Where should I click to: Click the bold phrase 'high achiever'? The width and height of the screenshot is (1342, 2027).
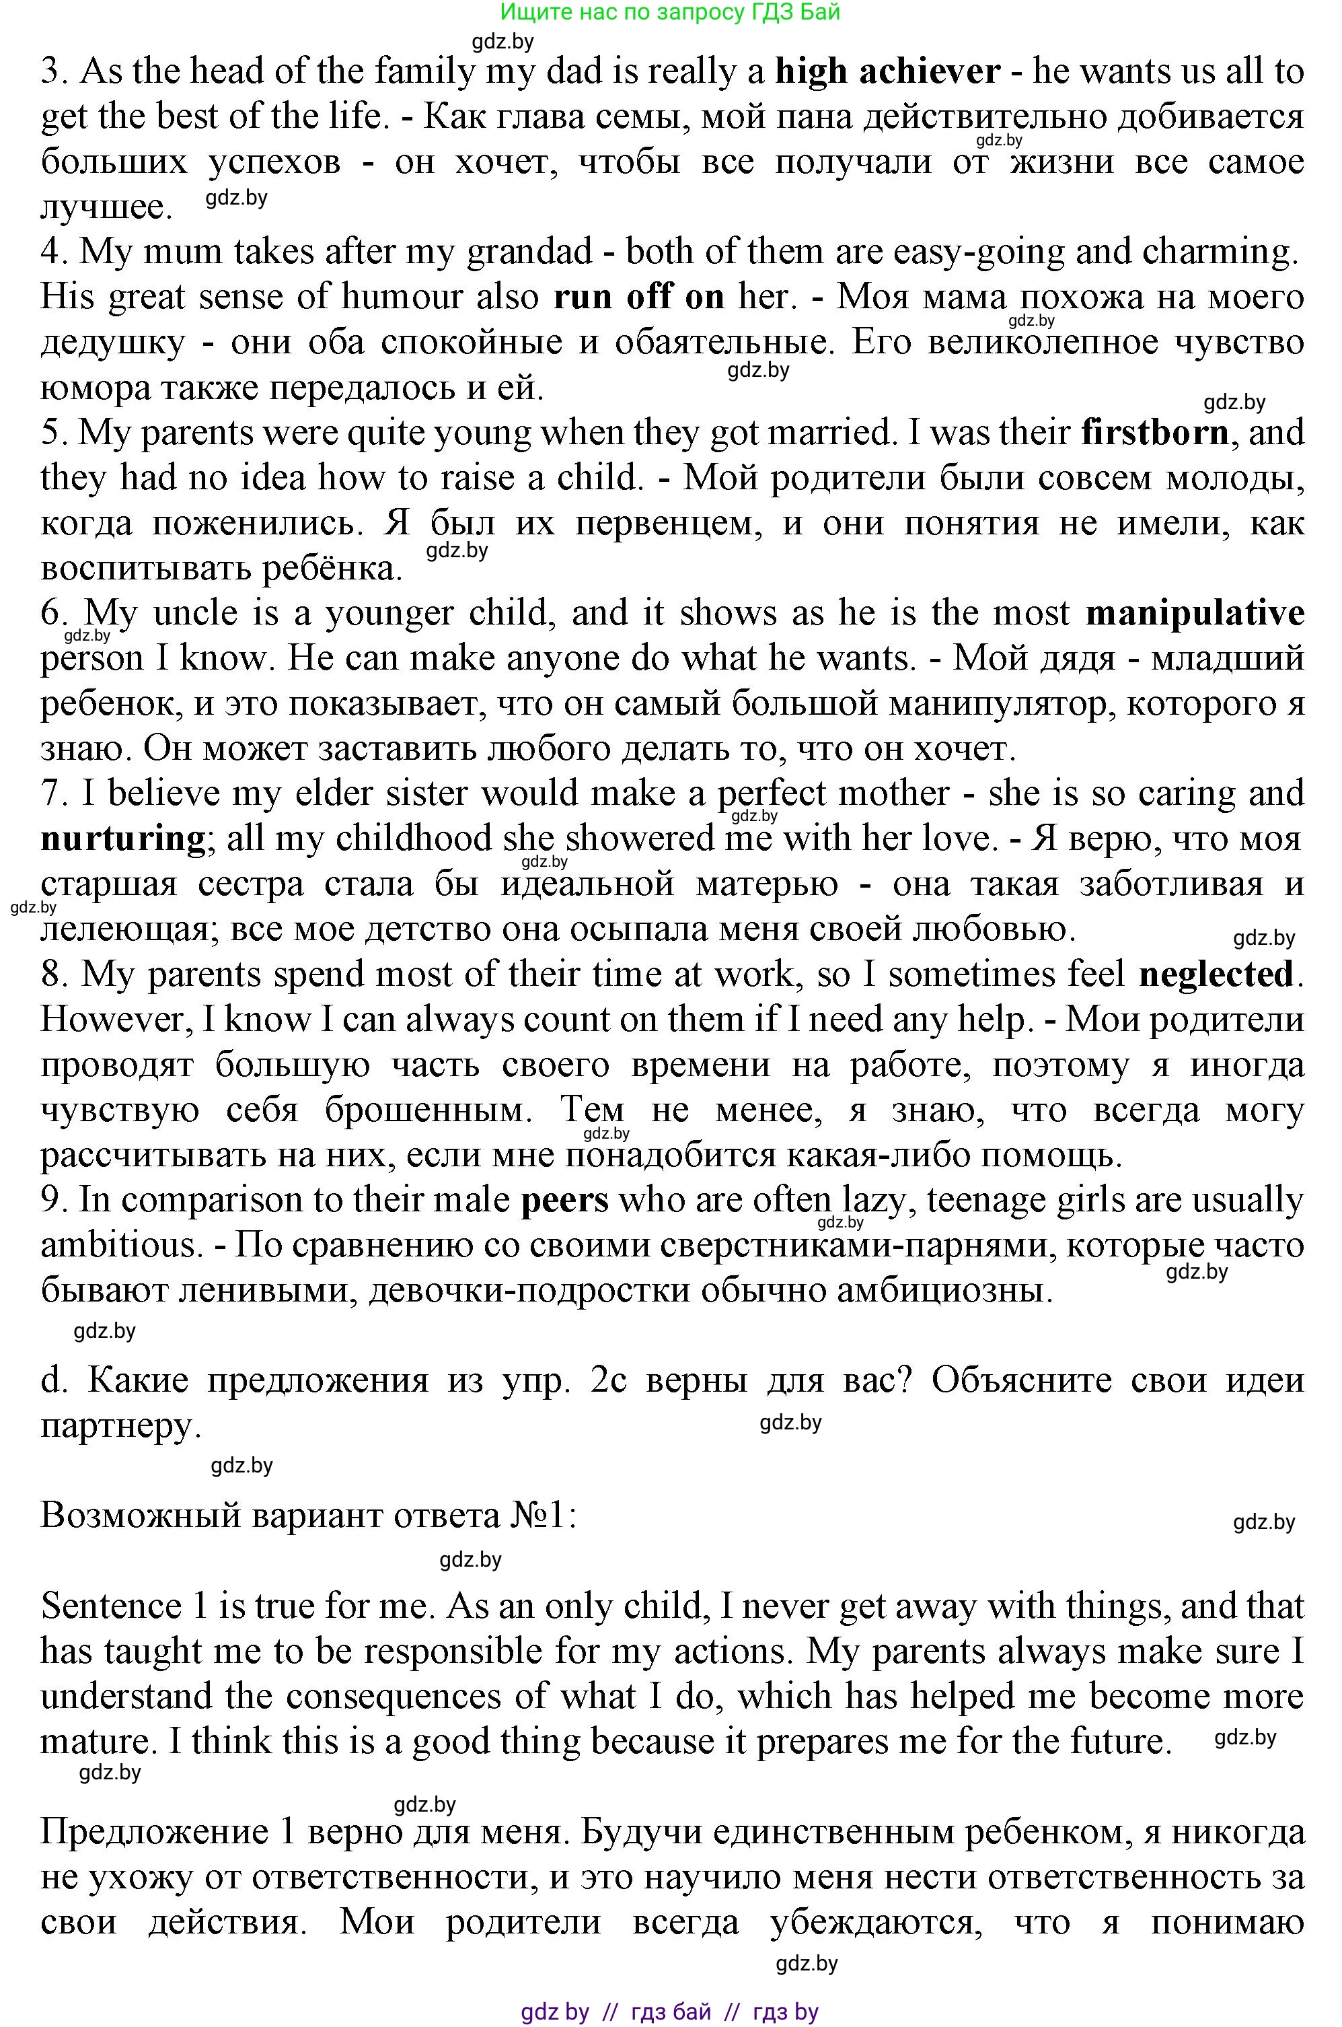887,72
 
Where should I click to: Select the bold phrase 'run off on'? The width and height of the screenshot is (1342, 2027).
638,297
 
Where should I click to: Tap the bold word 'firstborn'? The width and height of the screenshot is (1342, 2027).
1154,432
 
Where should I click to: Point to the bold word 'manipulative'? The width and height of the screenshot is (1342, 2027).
1195,613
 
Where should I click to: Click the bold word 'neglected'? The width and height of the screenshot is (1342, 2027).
1216,974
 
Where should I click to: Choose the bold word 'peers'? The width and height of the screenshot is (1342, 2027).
565,1200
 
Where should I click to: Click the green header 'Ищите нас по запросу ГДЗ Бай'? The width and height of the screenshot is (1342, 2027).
670,12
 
